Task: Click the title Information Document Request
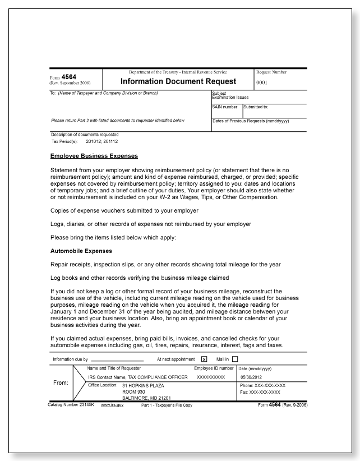pos(178,81)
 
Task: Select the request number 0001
pos(263,82)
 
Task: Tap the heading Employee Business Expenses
pos(94,156)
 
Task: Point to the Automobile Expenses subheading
pos(81,251)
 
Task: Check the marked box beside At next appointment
pos(204,359)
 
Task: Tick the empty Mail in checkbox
pos(235,359)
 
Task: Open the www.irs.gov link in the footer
pos(112,404)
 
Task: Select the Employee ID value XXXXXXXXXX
pos(211,377)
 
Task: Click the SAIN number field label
pos(224,107)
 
